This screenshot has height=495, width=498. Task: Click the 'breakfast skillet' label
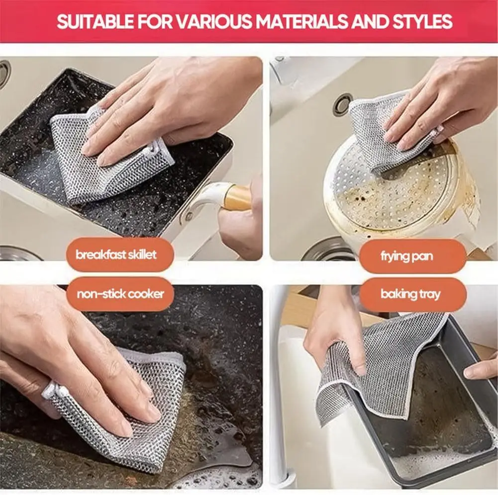pyautogui.click(x=115, y=255)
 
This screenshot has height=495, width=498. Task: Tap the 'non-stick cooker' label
pyautogui.click(x=120, y=294)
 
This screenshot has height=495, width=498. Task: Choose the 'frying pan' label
pyautogui.click(x=406, y=256)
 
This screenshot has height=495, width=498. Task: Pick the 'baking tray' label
pyautogui.click(x=410, y=294)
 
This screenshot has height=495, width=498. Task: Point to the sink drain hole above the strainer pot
pyautogui.click(x=343, y=104)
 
